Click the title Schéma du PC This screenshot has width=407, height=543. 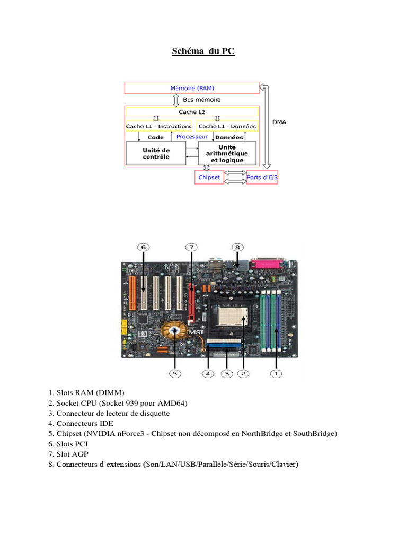(x=203, y=51)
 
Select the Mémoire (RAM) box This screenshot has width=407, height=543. (x=192, y=88)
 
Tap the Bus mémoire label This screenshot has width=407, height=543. (x=202, y=100)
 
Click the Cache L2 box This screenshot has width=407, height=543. (x=192, y=112)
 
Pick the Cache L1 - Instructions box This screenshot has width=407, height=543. (x=158, y=126)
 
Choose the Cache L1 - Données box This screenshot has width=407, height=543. (x=227, y=126)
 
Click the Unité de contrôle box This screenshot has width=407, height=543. (x=156, y=154)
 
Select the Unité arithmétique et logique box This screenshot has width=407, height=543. (x=227, y=153)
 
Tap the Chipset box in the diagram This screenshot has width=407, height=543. (x=209, y=177)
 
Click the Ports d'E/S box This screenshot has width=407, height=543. (x=262, y=177)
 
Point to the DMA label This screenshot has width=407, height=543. (x=279, y=122)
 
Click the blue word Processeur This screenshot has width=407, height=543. (x=192, y=137)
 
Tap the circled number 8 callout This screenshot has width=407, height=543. (x=238, y=247)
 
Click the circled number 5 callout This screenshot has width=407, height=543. (x=175, y=373)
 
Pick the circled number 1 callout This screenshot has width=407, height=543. (x=276, y=373)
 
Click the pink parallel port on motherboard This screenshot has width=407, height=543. (x=270, y=263)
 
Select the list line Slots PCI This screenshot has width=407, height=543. (x=73, y=444)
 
